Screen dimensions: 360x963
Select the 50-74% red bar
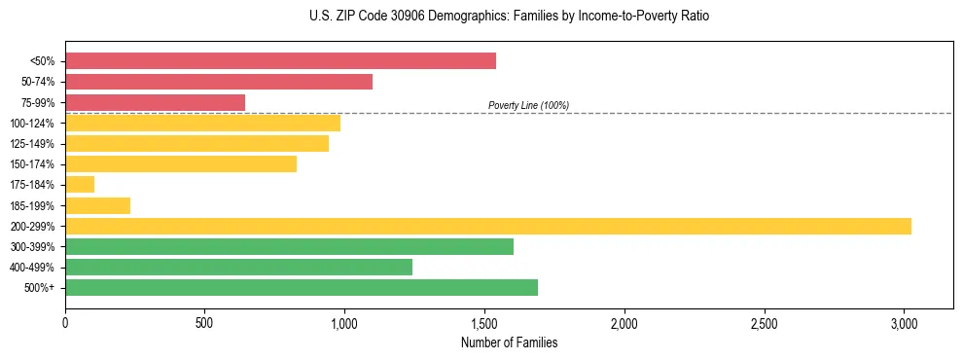(x=219, y=82)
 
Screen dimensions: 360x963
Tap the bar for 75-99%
(x=155, y=102)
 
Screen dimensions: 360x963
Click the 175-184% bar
(x=80, y=185)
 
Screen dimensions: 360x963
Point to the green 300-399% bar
(x=289, y=246)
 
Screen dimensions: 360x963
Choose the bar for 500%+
(x=302, y=287)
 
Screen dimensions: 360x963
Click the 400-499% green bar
(x=238, y=267)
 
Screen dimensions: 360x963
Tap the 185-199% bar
(x=97, y=205)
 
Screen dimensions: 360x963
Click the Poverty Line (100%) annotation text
(x=528, y=105)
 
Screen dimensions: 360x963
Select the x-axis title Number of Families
(x=509, y=342)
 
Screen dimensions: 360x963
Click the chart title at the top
(x=509, y=17)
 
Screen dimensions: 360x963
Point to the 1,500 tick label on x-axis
(x=484, y=323)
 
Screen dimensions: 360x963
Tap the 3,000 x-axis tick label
(x=904, y=323)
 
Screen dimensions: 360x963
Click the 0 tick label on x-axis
(x=65, y=323)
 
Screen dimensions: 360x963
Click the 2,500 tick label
(x=764, y=323)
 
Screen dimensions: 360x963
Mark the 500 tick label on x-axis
(x=205, y=323)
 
